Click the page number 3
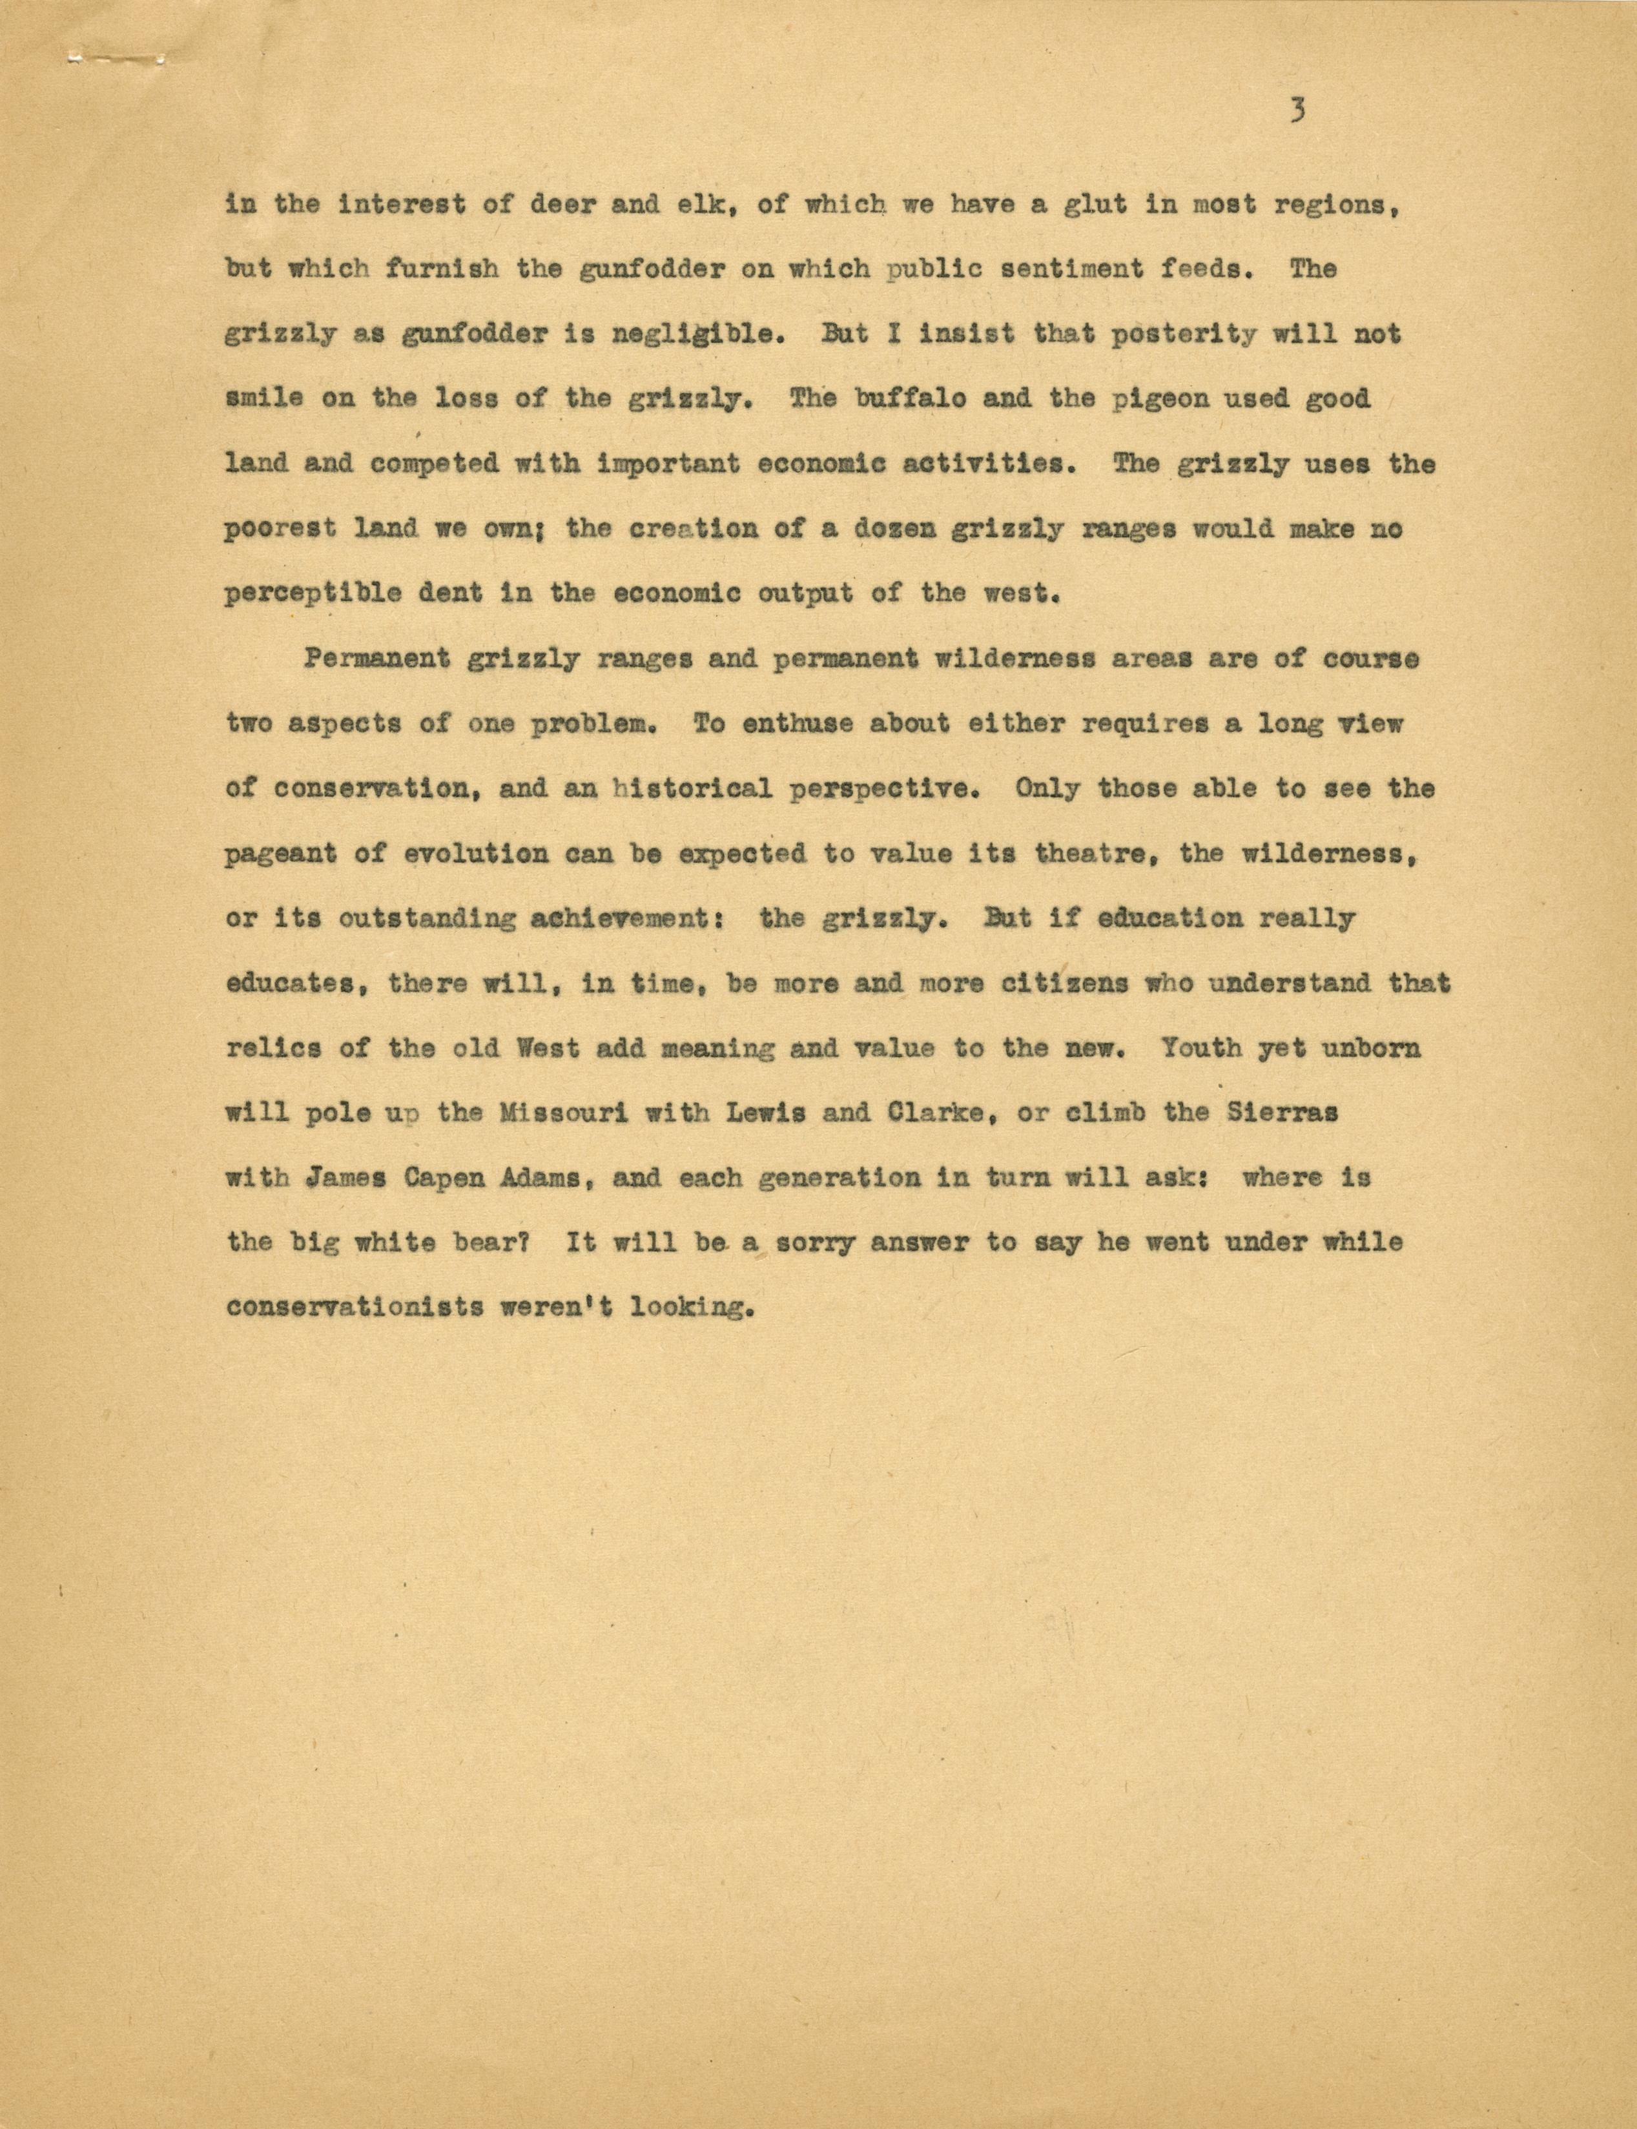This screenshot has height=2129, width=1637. click(1297, 112)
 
